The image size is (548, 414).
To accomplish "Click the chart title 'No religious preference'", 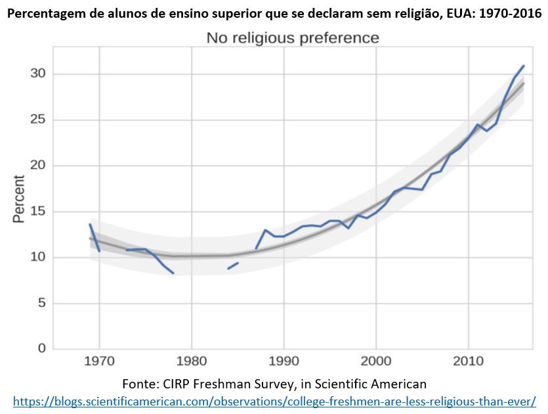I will [x=293, y=38].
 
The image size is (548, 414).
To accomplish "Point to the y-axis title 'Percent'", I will [x=19, y=198].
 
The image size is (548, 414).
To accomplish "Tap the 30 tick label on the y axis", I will [x=38, y=73].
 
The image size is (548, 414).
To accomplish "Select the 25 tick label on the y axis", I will [x=38, y=120].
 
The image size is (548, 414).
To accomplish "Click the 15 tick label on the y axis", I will [x=38, y=212].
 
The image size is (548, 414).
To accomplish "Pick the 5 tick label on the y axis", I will [x=41, y=303].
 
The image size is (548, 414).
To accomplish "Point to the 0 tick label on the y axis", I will [x=41, y=348].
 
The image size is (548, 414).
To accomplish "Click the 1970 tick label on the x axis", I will [x=99, y=361].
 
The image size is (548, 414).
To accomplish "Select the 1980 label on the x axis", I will [x=192, y=361].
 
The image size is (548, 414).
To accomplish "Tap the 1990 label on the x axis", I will [x=284, y=361].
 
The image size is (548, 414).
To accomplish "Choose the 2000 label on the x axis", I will [x=376, y=361].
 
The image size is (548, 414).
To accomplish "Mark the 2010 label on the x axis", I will [x=468, y=361].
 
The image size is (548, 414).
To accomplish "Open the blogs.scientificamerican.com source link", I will [x=274, y=400].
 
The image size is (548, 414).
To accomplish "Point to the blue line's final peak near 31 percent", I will [x=523, y=66].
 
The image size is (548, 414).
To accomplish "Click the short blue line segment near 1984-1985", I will [x=233, y=265].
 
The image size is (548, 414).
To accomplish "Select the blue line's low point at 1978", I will [x=173, y=273].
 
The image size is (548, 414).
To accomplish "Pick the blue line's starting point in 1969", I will [x=90, y=225].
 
